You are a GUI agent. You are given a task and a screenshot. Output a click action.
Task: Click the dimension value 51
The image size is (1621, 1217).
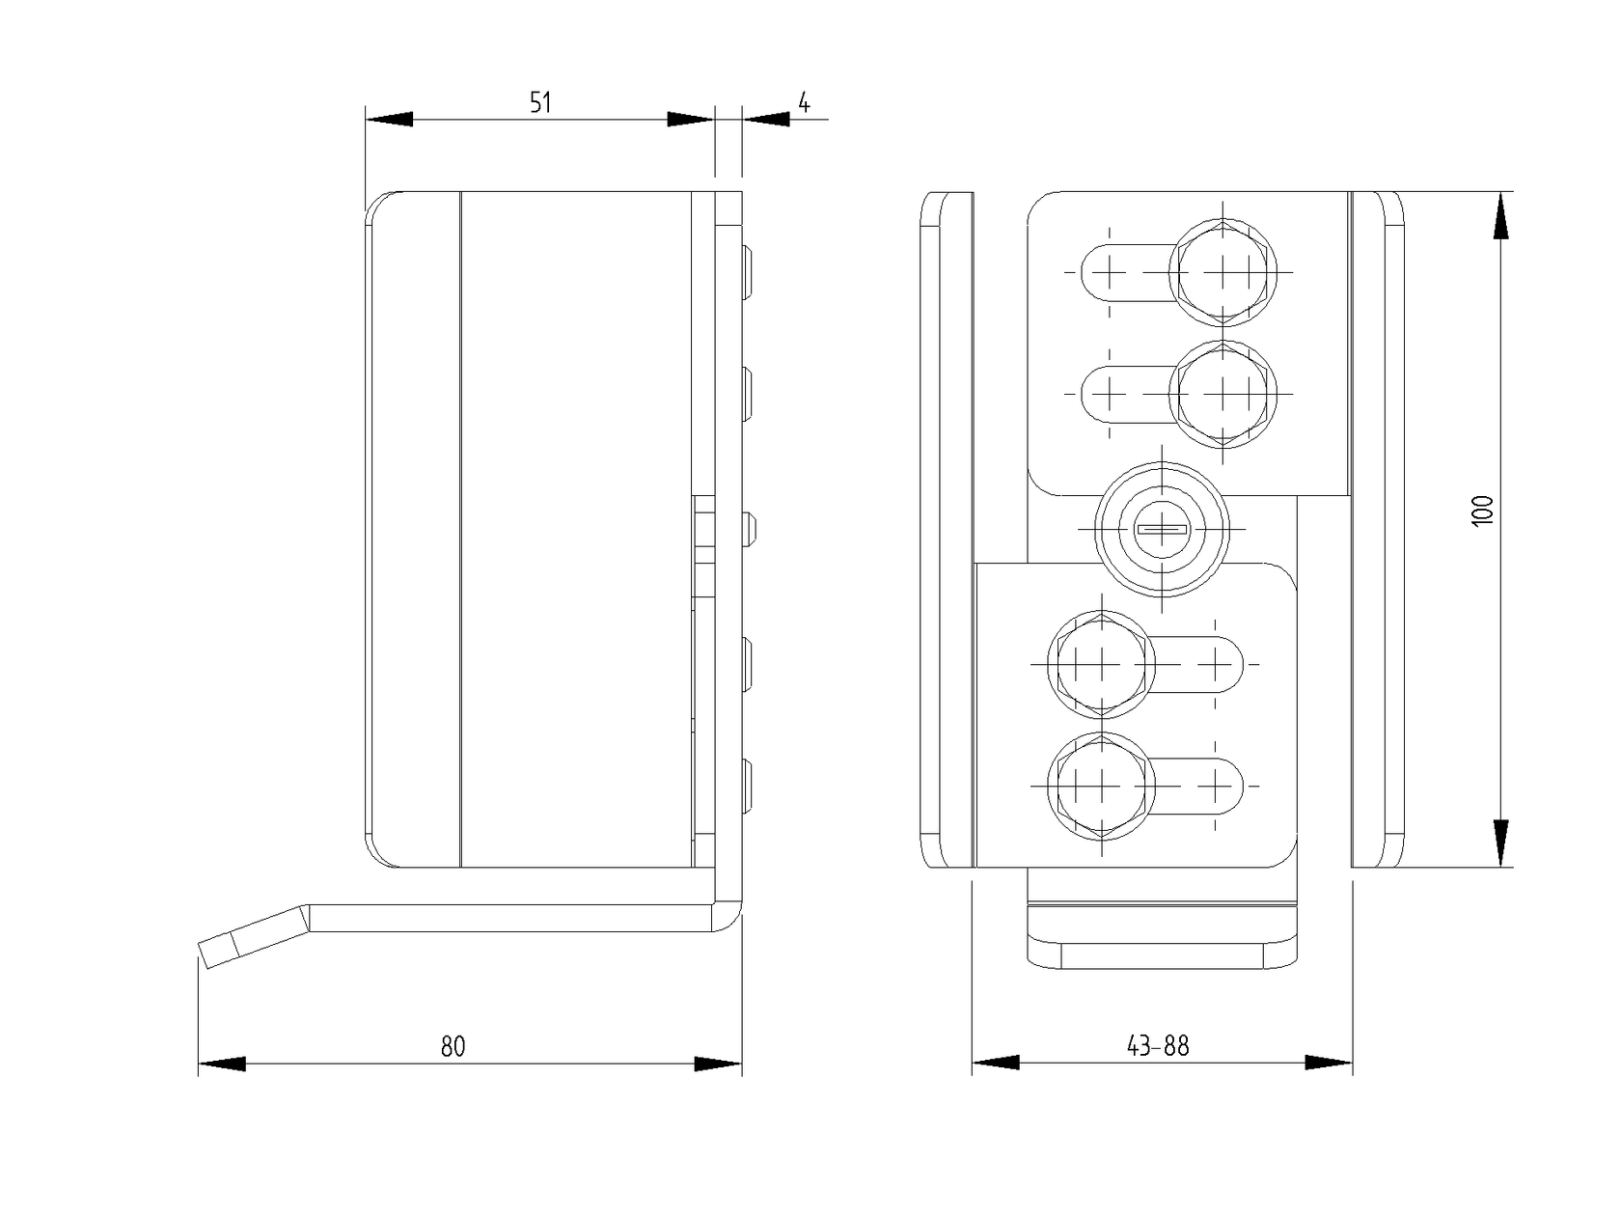[540, 102]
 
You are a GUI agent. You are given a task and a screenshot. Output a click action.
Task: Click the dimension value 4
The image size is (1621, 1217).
[804, 102]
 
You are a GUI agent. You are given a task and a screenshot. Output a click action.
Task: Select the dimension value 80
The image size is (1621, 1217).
[453, 1046]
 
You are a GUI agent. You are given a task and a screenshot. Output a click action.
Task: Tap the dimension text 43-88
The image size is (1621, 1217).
[1158, 1046]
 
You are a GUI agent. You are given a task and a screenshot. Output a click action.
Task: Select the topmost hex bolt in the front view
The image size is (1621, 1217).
[1223, 272]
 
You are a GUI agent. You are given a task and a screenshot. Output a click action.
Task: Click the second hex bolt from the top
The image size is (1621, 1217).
[1223, 393]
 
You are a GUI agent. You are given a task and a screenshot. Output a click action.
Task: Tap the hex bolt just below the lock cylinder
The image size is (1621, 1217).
[1101, 665]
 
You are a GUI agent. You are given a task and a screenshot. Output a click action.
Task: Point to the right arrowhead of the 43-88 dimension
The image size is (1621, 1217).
[1329, 1063]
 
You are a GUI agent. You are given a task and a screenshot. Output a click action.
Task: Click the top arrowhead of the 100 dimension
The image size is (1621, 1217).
[1500, 215]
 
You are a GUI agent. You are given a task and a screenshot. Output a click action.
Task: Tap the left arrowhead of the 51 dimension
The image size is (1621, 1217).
[389, 119]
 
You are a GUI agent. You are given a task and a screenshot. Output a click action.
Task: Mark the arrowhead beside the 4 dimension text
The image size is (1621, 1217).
[767, 119]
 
